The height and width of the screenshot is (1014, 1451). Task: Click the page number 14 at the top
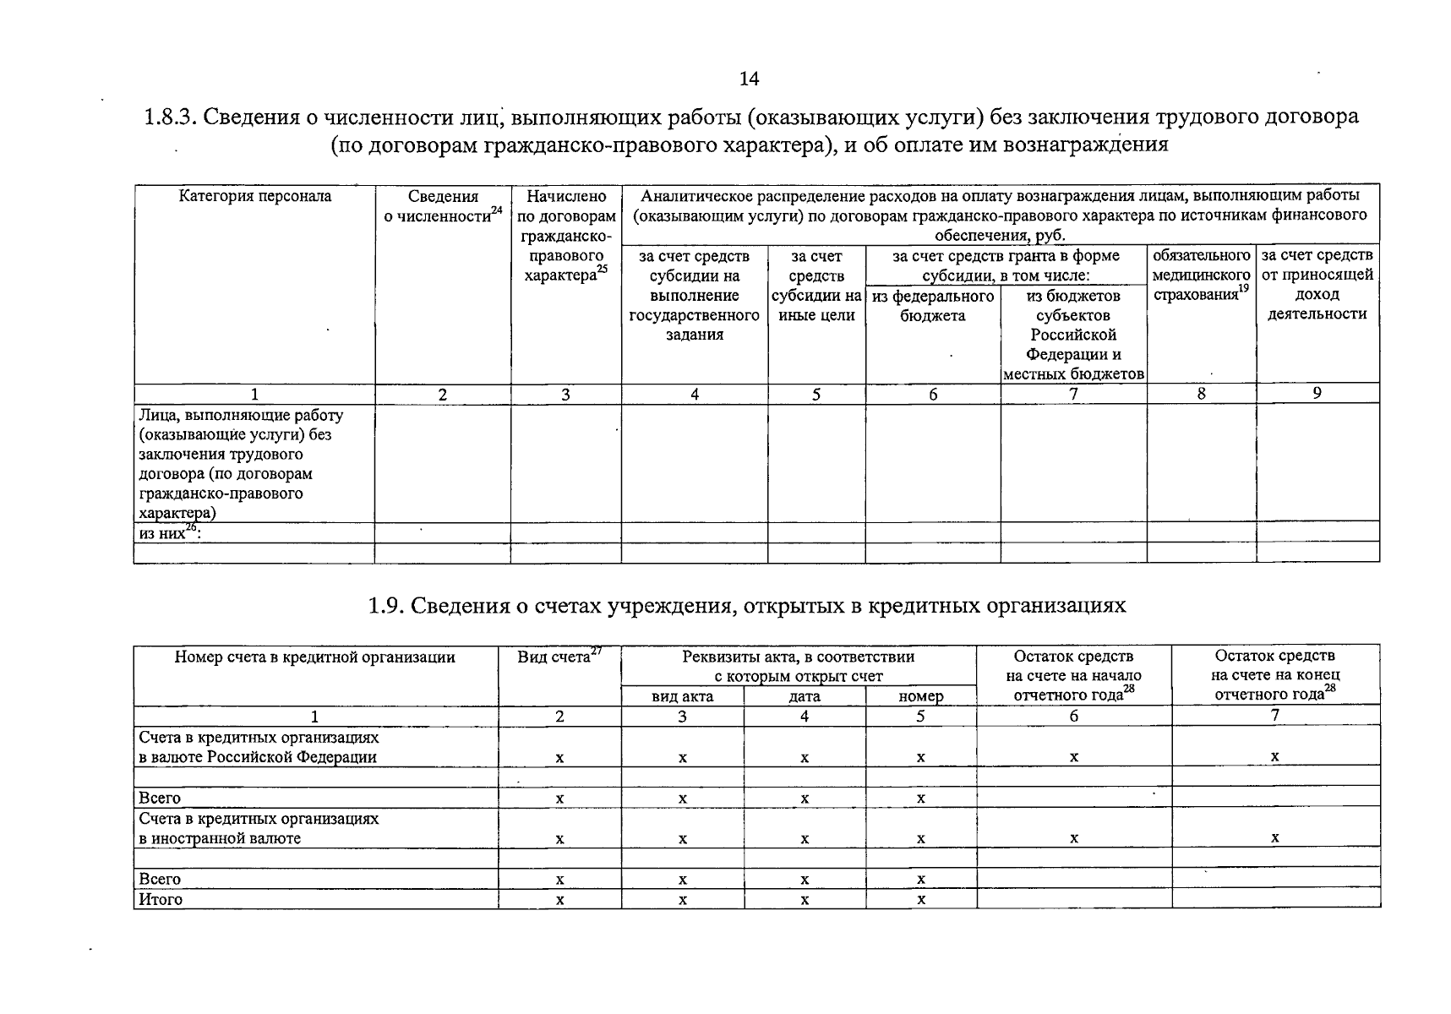pos(749,79)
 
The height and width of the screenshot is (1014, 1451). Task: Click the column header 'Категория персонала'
pos(254,196)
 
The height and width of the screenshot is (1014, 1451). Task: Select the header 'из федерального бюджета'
pos(933,306)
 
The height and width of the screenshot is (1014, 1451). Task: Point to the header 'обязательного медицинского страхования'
pos(1201,275)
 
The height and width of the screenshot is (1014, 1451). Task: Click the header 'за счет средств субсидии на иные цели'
pos(816,285)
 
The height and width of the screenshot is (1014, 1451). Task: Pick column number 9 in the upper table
pos(1317,393)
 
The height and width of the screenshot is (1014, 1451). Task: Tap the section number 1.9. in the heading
pos(386,606)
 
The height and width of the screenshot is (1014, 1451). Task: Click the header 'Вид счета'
pos(559,657)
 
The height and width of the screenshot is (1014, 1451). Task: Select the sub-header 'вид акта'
pos(682,696)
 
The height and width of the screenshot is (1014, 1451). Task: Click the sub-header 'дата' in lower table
pos(804,696)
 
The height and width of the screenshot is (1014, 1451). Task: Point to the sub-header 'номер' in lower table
pos(920,696)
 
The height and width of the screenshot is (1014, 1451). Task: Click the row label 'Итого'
pos(161,899)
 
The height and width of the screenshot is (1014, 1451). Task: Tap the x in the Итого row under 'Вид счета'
pos(559,900)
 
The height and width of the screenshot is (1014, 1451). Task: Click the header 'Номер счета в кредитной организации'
pos(314,657)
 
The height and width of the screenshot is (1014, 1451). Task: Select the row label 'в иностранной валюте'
pos(220,838)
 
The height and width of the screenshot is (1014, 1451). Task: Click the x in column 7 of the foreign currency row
pos(1274,838)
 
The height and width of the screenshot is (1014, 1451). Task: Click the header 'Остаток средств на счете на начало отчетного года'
pos(1073,675)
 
